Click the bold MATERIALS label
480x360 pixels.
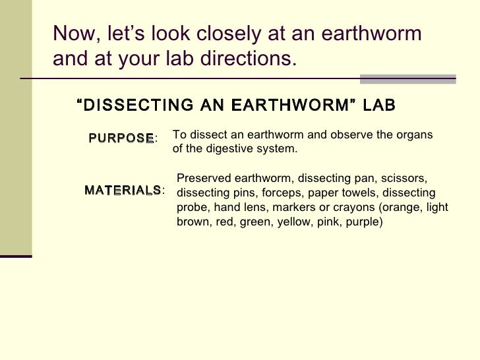tap(123, 191)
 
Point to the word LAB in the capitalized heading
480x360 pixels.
tap(376, 105)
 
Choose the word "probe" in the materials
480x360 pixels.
tap(192, 208)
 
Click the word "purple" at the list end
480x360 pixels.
tap(367, 222)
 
